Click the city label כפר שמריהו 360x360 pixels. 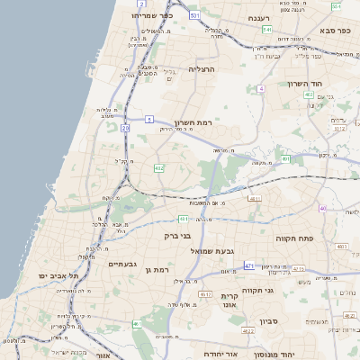click(x=151, y=15)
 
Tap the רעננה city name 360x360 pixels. click(x=257, y=17)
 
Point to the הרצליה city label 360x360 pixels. click(x=203, y=68)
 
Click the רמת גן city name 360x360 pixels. click(x=158, y=269)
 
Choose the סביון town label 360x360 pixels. click(x=270, y=321)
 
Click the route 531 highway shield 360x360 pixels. click(x=194, y=15)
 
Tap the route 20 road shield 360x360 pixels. click(x=125, y=129)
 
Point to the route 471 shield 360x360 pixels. click(x=249, y=266)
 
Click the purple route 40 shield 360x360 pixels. click(x=322, y=209)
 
